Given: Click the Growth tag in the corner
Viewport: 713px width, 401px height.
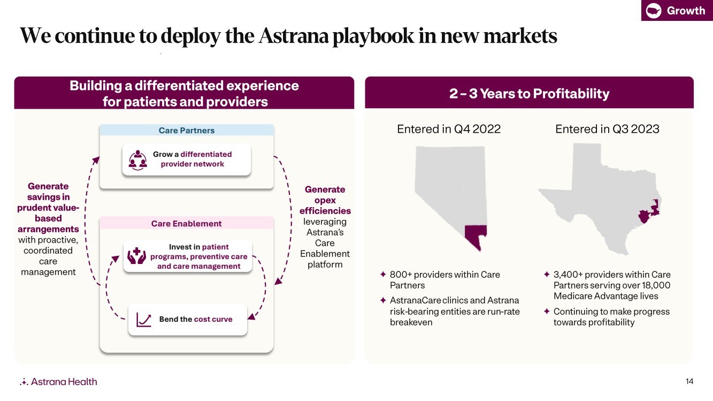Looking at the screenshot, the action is point(677,10).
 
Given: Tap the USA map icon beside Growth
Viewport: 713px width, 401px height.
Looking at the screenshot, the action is point(654,11).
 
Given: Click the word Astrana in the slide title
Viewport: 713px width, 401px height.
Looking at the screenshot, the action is point(293,35).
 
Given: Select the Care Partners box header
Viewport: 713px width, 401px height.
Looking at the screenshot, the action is point(187,130).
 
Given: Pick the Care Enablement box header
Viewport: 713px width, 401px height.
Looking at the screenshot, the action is point(187,223).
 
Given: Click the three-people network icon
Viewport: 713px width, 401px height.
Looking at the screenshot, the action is point(137,160).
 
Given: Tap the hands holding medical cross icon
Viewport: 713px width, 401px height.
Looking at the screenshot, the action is point(136,256).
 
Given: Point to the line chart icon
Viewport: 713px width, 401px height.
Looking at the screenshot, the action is point(143,320).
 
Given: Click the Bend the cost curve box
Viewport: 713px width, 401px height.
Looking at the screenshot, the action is point(188,320).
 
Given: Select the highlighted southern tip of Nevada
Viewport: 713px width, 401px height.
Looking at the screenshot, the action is point(475,236).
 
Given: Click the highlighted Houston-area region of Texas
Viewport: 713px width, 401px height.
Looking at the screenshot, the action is point(649,211).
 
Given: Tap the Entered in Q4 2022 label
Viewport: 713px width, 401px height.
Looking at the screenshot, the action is point(449,129).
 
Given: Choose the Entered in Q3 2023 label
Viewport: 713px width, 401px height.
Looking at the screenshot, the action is point(607,129).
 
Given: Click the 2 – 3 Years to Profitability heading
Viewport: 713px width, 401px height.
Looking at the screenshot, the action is point(529,93).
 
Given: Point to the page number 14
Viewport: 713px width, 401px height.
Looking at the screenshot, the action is point(689,381).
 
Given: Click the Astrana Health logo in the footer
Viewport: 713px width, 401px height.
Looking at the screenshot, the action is point(58,382).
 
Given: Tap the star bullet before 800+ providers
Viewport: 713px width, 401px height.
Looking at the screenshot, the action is point(383,274).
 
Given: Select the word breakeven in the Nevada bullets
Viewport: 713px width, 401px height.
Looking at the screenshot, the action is point(411,322).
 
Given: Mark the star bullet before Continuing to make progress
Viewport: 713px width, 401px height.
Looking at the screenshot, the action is point(547,311).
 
